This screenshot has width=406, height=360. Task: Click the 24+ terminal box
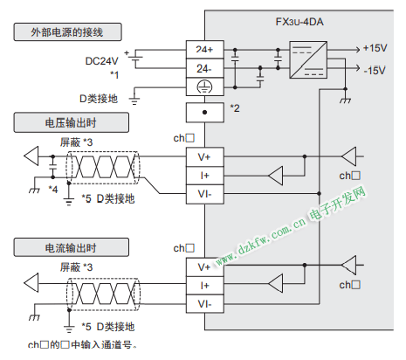point(205,50)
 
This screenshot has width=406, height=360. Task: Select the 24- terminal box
point(205,68)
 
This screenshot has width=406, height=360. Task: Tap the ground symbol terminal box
point(205,87)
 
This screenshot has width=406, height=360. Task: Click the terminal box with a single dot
point(205,113)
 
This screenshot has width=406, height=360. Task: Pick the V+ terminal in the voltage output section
point(205,157)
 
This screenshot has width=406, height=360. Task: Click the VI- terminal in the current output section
point(205,304)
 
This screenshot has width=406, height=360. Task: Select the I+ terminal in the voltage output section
point(205,176)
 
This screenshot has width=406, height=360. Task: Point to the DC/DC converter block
point(308,59)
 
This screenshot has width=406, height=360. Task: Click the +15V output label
point(375,48)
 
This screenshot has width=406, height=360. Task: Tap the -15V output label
point(375,71)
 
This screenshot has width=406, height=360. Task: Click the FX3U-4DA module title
point(299,22)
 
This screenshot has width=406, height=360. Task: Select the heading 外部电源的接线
point(67,32)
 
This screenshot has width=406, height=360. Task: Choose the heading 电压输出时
point(71,122)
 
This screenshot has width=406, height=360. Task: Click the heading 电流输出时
point(71,247)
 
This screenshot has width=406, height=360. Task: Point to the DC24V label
point(102,61)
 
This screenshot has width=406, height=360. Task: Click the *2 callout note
point(235,108)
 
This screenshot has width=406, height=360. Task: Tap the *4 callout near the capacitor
point(53,190)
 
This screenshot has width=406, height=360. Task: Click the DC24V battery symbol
point(135,59)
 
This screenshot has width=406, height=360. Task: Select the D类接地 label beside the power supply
point(99,99)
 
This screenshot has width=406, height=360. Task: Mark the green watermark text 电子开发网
point(337,204)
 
